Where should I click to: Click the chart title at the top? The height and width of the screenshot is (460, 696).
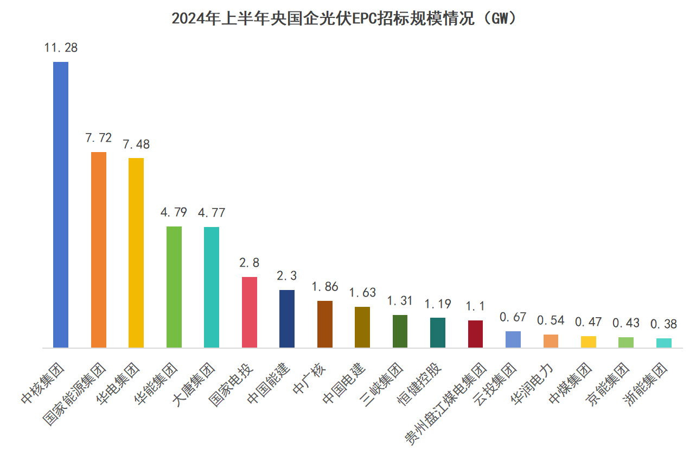(347, 18)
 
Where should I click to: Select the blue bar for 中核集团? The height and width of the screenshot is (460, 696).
(61, 205)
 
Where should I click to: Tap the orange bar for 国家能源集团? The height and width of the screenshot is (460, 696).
(98, 250)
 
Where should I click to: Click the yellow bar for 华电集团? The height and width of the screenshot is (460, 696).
(136, 253)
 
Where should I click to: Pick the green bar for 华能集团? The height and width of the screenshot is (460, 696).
(174, 287)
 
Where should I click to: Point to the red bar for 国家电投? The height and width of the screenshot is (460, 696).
(250, 312)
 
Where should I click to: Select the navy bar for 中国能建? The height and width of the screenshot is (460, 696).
(287, 319)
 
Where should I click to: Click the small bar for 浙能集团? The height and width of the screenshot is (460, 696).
(664, 343)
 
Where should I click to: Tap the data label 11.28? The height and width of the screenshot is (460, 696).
(61, 48)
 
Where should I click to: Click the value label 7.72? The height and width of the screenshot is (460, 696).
(98, 138)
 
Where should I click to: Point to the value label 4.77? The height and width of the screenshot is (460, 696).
(212, 213)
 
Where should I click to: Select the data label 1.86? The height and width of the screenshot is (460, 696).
(325, 287)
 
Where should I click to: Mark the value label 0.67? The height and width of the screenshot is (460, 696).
(513, 317)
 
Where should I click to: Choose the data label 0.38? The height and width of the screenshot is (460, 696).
(664, 324)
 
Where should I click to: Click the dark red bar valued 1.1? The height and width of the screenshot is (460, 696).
(475, 334)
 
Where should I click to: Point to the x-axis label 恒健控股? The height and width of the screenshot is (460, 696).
(423, 383)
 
